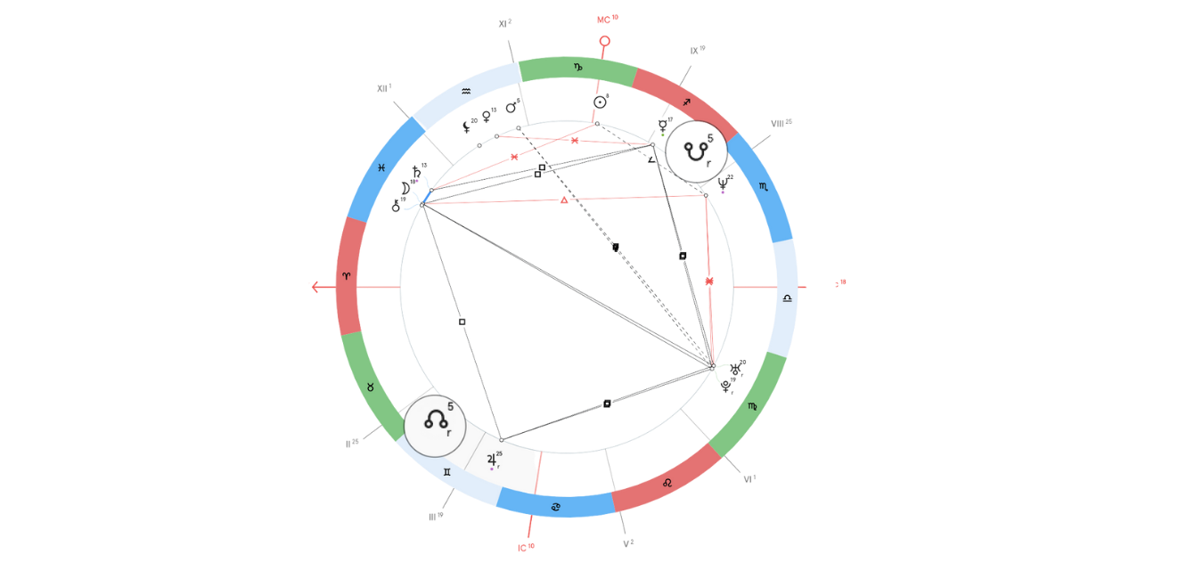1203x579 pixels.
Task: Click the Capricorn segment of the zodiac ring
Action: (577, 68)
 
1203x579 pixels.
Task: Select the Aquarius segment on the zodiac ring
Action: (467, 93)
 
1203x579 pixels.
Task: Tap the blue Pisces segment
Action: (381, 167)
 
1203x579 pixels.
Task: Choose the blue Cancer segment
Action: (556, 507)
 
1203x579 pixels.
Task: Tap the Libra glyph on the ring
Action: (787, 298)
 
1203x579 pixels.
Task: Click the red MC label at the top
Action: (607, 18)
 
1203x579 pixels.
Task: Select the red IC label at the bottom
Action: (527, 547)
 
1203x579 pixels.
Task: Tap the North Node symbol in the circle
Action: (434, 421)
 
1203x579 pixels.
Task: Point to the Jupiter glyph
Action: (491, 461)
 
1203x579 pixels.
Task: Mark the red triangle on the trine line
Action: (563, 200)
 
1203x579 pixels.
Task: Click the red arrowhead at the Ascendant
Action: (315, 286)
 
